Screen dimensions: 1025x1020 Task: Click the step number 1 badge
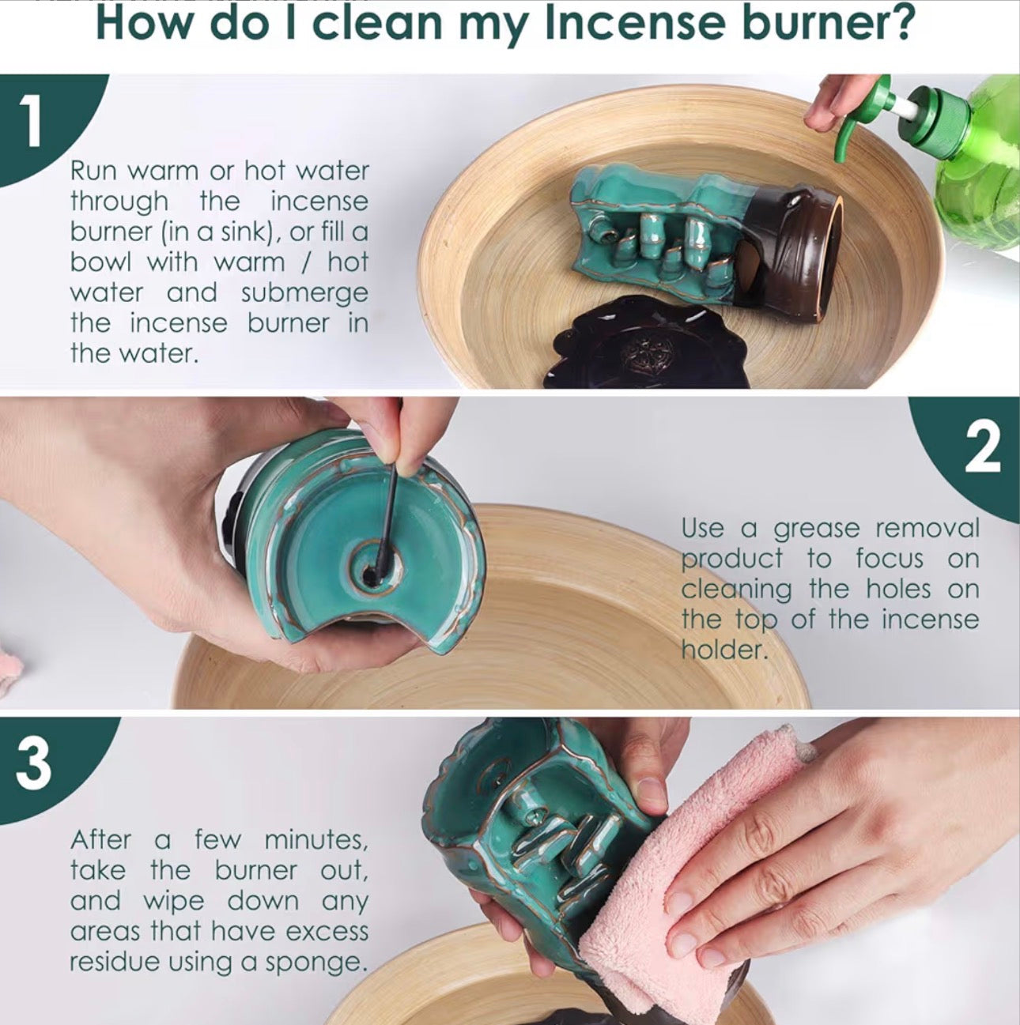(32, 125)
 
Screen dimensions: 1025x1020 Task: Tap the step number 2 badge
(983, 449)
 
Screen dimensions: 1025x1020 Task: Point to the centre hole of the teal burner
(372, 567)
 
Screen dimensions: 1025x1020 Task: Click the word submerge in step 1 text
(304, 293)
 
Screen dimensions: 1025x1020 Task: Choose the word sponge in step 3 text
(325, 963)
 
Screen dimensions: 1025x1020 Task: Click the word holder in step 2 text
(723, 650)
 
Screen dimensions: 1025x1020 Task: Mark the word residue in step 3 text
(109, 963)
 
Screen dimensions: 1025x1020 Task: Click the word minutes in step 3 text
(315, 839)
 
